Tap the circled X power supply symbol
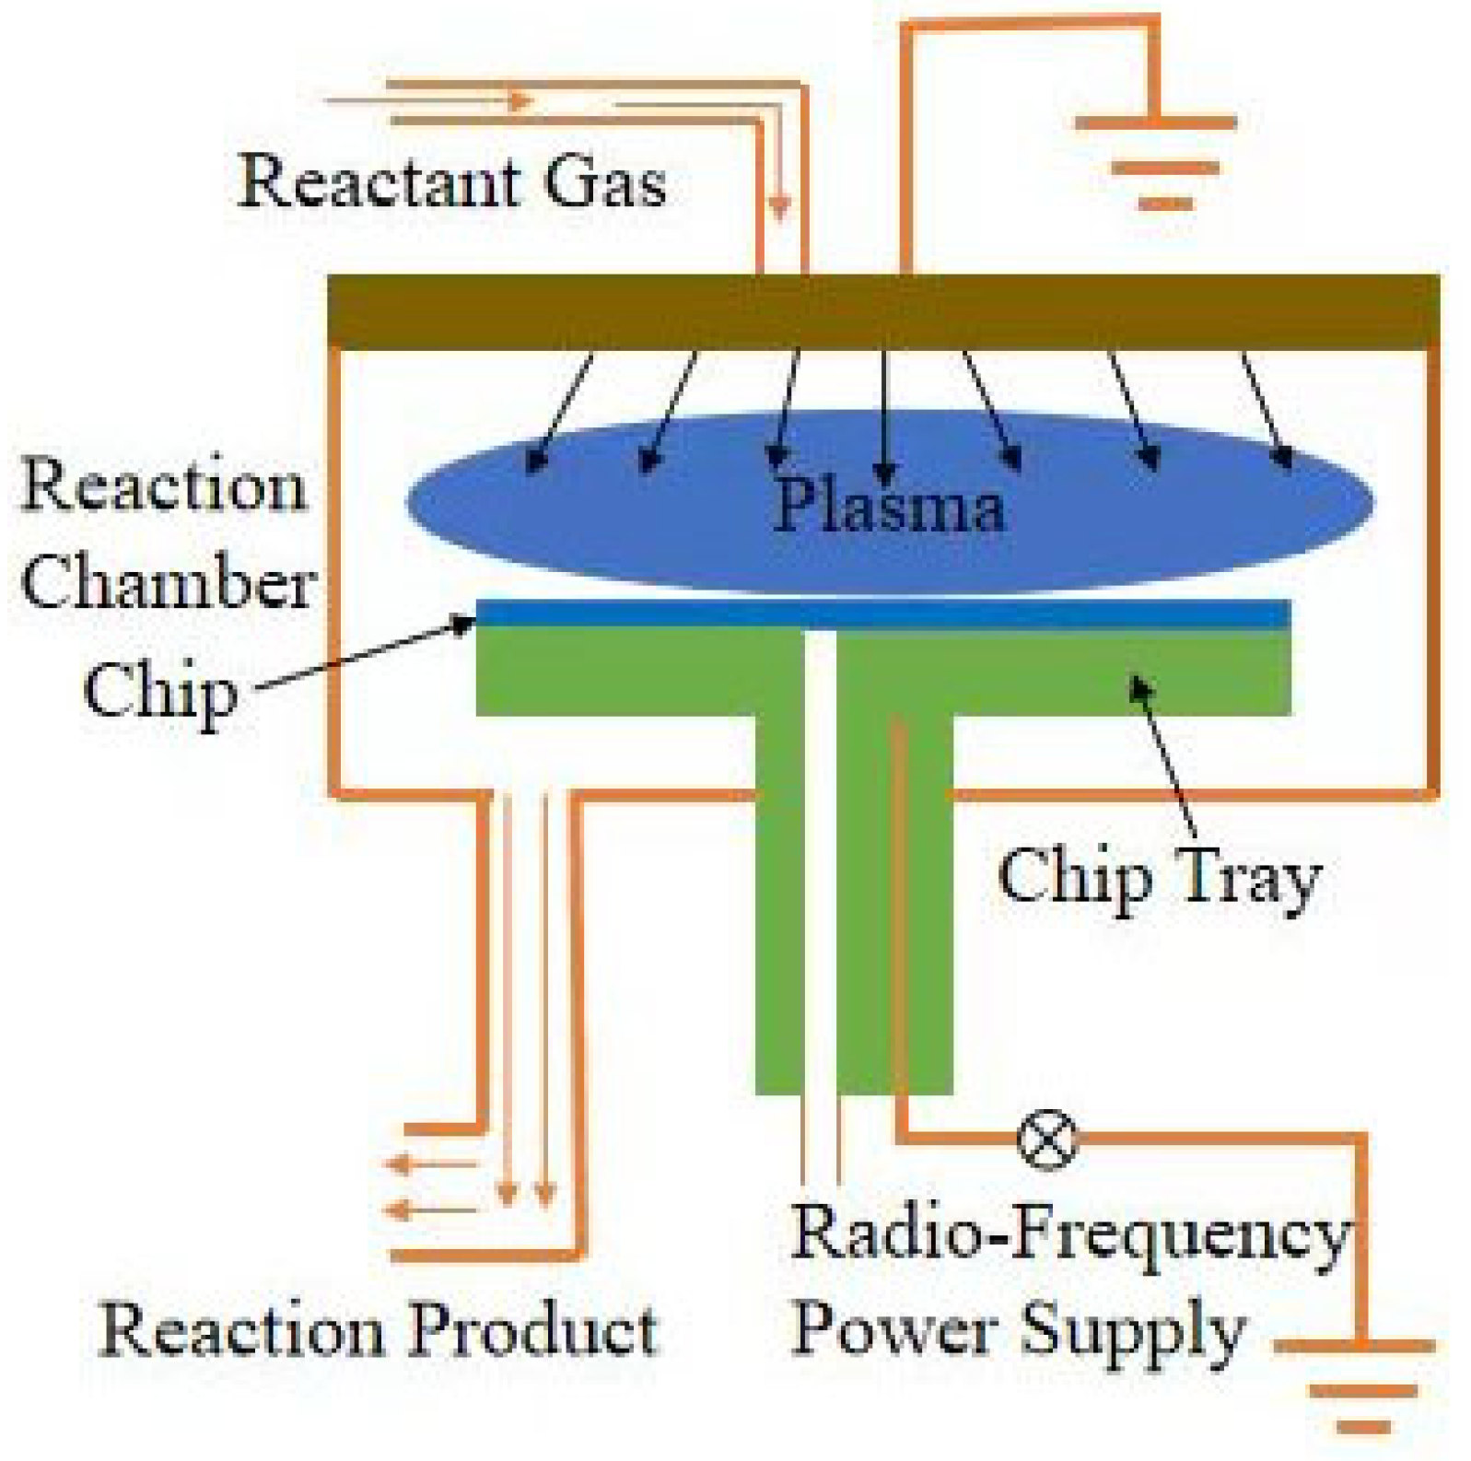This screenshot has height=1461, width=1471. [1046, 1140]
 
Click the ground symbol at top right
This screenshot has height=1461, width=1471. [1157, 162]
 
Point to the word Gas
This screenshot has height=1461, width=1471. [604, 181]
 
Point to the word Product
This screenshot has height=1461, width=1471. [533, 1330]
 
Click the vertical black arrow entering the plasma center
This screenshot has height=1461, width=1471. [884, 415]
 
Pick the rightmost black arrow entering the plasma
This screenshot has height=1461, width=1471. [1266, 410]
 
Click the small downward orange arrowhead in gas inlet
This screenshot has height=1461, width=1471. [779, 208]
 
